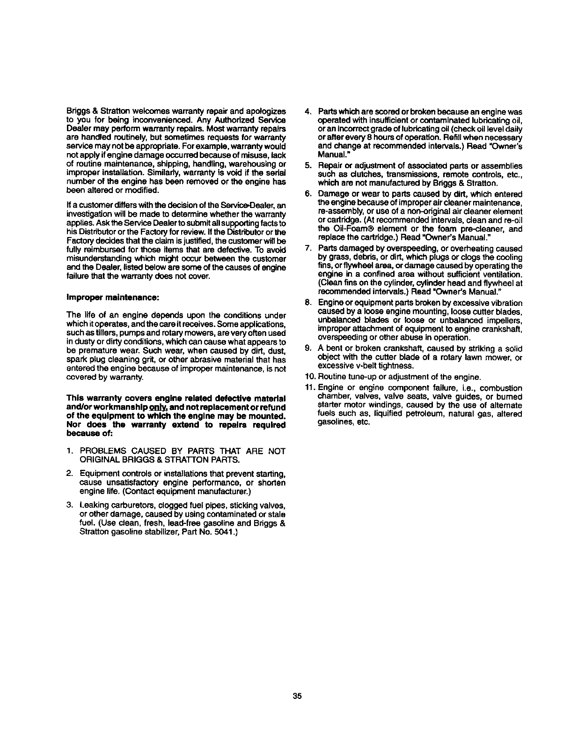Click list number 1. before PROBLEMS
(x=69, y=451)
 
